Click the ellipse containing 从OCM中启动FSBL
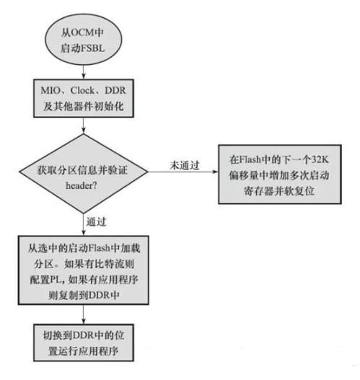(x=83, y=40)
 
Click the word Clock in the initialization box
(x=82, y=90)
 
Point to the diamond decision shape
(x=84, y=173)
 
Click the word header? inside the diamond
(x=82, y=185)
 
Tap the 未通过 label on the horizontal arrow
(x=185, y=165)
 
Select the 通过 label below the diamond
(x=97, y=222)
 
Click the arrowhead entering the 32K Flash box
(x=215, y=172)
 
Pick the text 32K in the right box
(x=320, y=159)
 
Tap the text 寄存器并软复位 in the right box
(x=279, y=191)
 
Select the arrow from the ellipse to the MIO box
(x=84, y=72)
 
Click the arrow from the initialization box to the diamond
(x=84, y=125)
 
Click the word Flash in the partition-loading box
(x=100, y=248)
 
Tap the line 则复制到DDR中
(x=84, y=295)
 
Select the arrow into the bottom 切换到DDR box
(x=84, y=314)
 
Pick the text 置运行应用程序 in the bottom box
(x=83, y=351)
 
